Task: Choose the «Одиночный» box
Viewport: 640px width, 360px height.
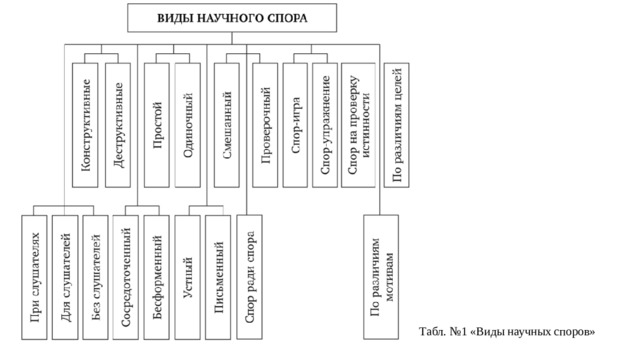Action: click(188, 124)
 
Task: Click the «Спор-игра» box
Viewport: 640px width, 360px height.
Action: click(295, 124)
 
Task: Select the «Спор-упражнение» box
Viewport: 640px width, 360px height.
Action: click(325, 124)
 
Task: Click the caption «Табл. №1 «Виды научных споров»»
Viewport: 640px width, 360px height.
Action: click(507, 330)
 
